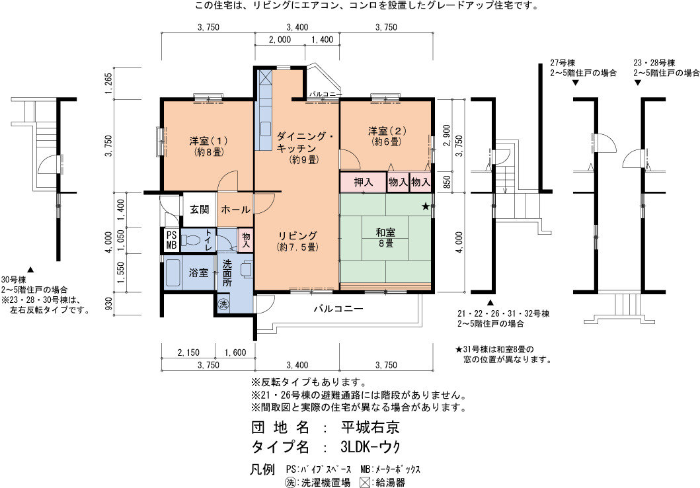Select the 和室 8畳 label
pos(385,237)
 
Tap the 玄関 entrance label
pos(200,209)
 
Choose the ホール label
pos(235,209)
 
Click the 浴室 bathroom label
pos(198,272)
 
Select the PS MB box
pos(171,240)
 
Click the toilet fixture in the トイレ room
pos(192,240)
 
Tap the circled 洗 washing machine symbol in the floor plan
pos(223,304)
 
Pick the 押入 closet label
pos(363,182)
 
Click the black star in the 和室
pos(426,206)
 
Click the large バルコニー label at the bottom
pos(338,309)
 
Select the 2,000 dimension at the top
pos(280,40)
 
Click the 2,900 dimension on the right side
pos(446,136)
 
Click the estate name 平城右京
pos(370,427)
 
